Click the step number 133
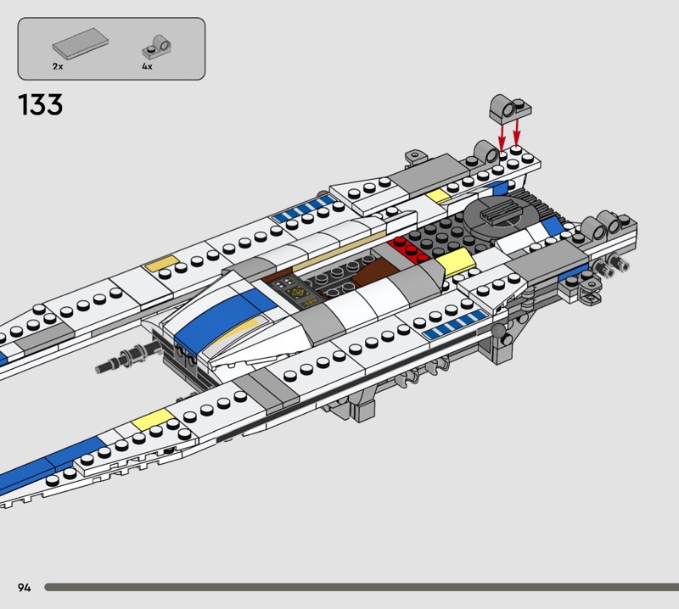pyautogui.click(x=39, y=105)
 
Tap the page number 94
pyautogui.click(x=24, y=587)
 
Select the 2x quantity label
pyautogui.click(x=58, y=65)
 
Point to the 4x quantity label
pyautogui.click(x=147, y=65)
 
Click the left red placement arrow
pyautogui.click(x=501, y=134)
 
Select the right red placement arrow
pyautogui.click(x=517, y=128)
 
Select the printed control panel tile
pyautogui.click(x=299, y=291)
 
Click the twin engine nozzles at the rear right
pyautogui.click(x=615, y=267)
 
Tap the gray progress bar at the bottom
pyautogui.click(x=356, y=587)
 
